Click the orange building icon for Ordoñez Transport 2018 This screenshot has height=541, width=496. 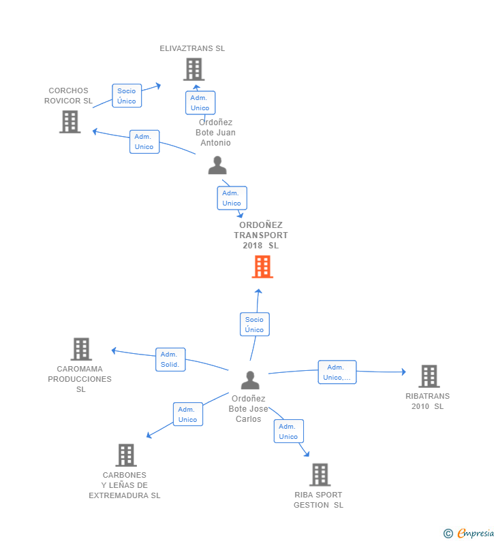262,267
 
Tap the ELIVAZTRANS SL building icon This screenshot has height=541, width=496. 193,69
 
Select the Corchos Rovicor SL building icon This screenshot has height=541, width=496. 69,122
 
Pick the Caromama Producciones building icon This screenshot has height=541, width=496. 81,349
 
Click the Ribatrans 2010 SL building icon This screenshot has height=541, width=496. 429,376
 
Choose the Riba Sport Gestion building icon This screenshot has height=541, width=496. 320,474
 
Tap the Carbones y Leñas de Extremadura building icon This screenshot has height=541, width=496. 126,455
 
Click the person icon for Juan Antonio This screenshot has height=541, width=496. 217,165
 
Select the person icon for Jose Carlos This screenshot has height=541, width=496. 250,380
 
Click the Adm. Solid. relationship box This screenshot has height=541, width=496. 170,359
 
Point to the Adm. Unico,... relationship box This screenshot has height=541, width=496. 337,372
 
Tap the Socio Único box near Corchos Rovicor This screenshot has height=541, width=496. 127,96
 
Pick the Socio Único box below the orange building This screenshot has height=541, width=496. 255,325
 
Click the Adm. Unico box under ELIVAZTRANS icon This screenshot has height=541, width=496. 200,103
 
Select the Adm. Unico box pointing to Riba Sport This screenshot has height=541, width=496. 289,431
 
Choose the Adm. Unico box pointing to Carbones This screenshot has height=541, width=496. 187,414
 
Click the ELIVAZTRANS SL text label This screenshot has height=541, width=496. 192,48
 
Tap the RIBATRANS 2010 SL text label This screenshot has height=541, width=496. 427,401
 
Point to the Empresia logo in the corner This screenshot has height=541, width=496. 469,534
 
